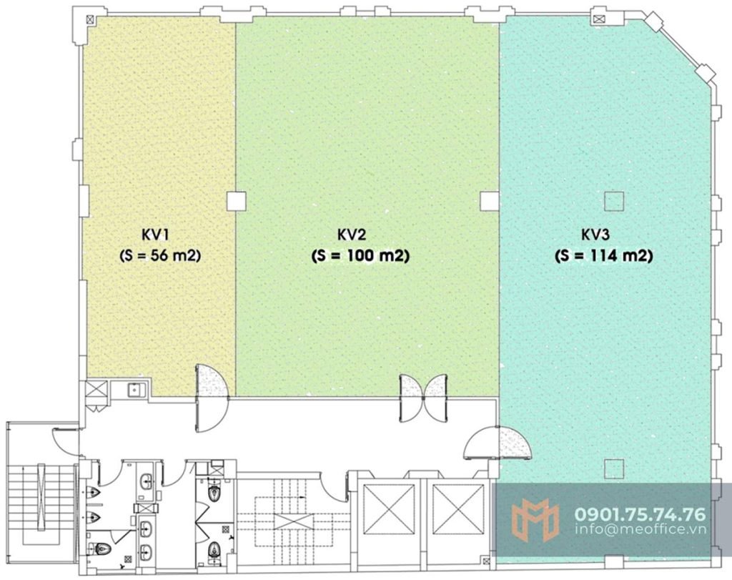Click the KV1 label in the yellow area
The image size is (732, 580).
tap(154, 234)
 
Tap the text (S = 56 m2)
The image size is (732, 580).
tap(160, 255)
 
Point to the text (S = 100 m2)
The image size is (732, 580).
tap(360, 255)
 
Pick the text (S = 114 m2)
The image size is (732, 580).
tap(603, 255)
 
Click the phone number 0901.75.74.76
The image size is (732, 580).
tap(640, 514)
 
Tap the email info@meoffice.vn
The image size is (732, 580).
tap(640, 529)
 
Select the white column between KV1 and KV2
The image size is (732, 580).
tap(236, 201)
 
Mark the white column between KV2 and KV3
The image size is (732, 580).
tap(490, 201)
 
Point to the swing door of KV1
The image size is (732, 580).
tap(212, 398)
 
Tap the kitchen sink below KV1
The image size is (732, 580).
tap(134, 388)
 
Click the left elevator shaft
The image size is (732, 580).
tap(389, 509)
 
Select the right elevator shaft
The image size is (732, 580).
tap(458, 509)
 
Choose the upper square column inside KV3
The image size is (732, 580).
tap(614, 201)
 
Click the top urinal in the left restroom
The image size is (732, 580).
tap(94, 493)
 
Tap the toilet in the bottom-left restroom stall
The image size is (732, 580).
tap(102, 548)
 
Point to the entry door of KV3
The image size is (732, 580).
tap(498, 443)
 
